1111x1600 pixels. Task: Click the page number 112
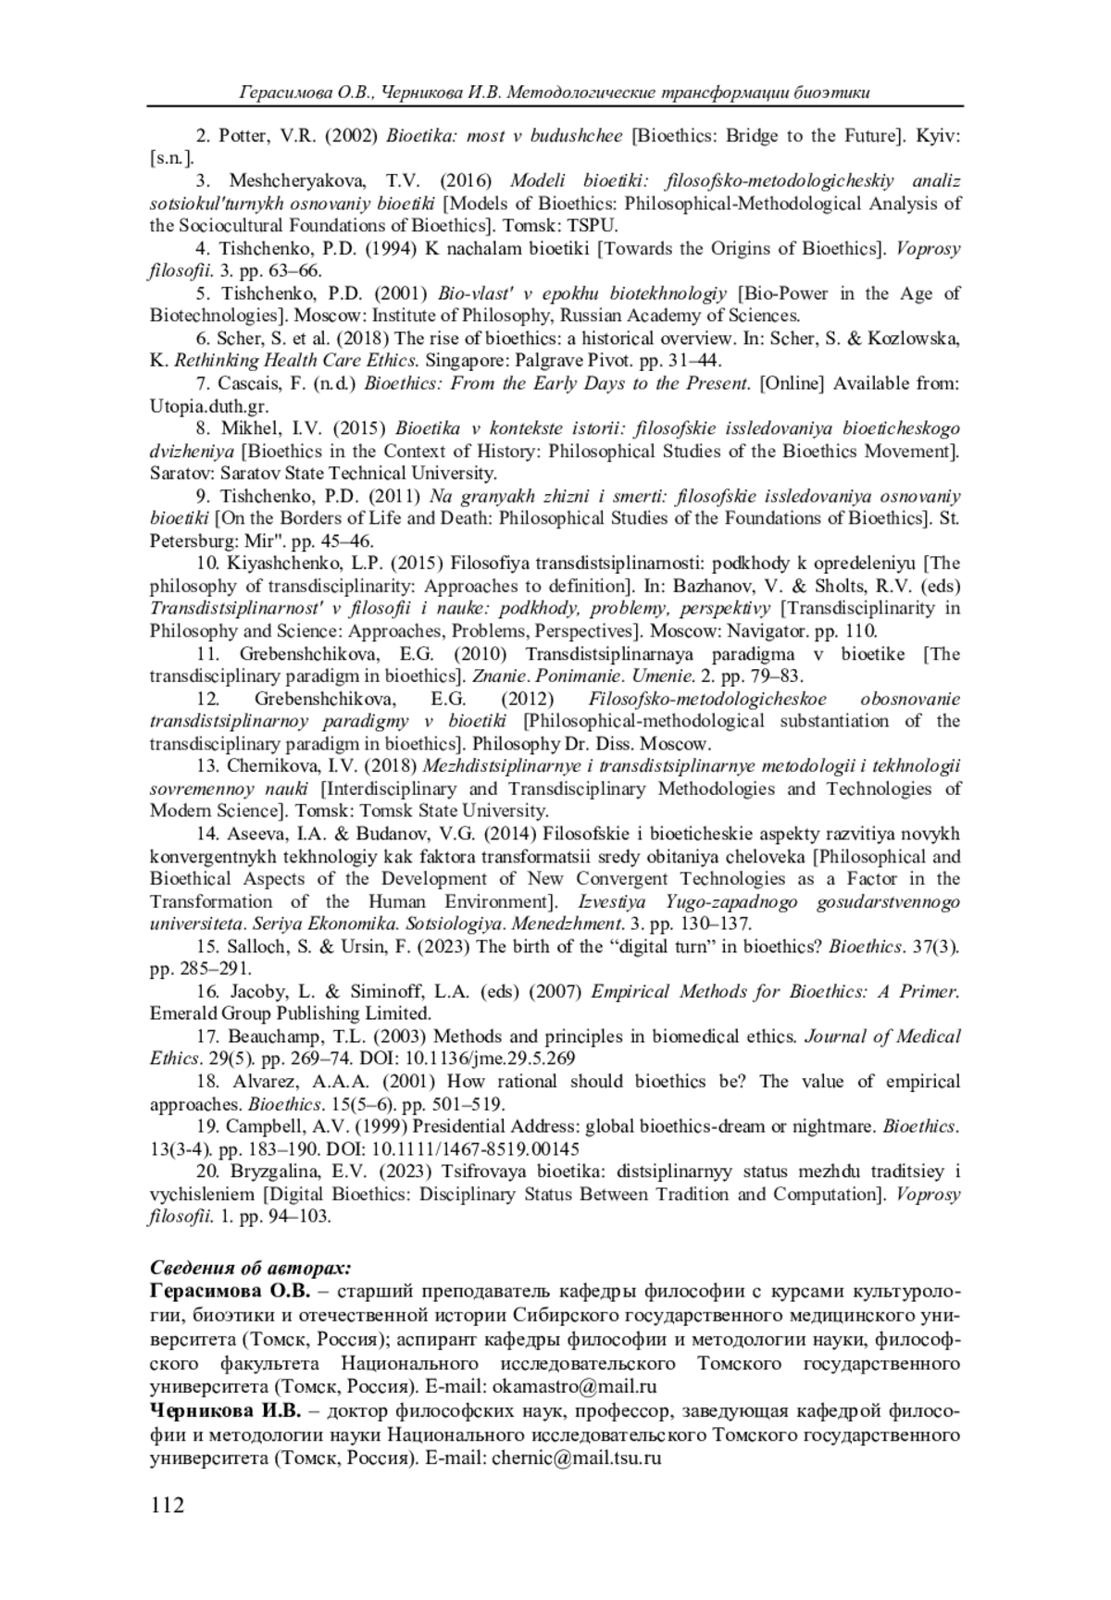click(167, 1505)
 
